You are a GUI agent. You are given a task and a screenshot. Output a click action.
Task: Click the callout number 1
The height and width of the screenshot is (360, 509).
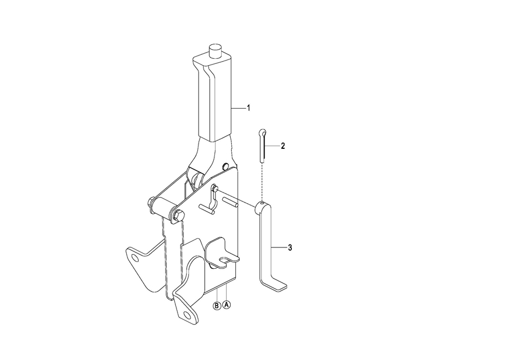tap(249, 108)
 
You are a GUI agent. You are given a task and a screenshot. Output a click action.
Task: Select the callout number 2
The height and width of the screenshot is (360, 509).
tap(283, 146)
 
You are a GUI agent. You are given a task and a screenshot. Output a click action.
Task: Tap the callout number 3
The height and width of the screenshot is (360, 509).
tap(290, 247)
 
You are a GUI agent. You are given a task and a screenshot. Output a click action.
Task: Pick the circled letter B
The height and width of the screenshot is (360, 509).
tap(217, 306)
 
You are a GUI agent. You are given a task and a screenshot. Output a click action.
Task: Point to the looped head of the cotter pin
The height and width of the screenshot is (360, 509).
tap(263, 132)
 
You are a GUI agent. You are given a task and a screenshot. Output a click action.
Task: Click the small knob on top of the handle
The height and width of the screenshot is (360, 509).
tap(214, 51)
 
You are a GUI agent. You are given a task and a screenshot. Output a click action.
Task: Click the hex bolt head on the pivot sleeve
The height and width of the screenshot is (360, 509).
tap(178, 216)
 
